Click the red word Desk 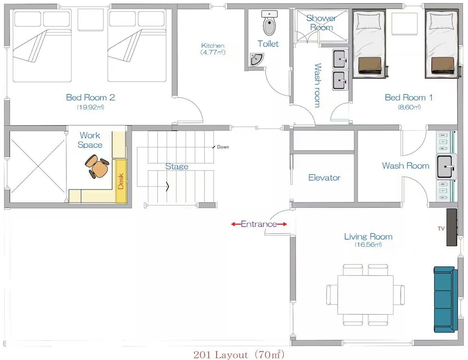121,181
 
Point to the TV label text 441,229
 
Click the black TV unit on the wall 452,227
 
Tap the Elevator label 324,178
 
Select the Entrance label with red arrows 259,224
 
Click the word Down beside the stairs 223,147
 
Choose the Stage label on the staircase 177,166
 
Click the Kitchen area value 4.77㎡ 213,52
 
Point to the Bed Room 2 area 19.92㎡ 90,107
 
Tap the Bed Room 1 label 409,97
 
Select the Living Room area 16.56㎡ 368,245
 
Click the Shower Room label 322,22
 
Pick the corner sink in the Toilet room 256,59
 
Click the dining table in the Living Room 366,295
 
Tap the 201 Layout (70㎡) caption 239,355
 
